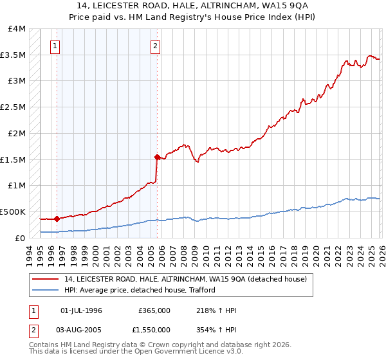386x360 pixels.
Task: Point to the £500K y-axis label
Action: click(x=13, y=212)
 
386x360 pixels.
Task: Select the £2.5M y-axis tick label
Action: click(x=13, y=107)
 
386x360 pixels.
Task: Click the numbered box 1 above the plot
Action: click(x=56, y=46)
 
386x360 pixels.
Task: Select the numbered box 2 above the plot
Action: click(x=156, y=46)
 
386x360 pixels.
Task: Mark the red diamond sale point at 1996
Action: click(x=57, y=219)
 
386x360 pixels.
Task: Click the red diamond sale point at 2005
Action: click(x=157, y=156)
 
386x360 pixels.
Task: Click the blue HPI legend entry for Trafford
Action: click(x=139, y=290)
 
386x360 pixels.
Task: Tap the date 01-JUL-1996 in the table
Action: click(x=81, y=310)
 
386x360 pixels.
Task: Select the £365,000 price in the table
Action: click(x=154, y=310)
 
